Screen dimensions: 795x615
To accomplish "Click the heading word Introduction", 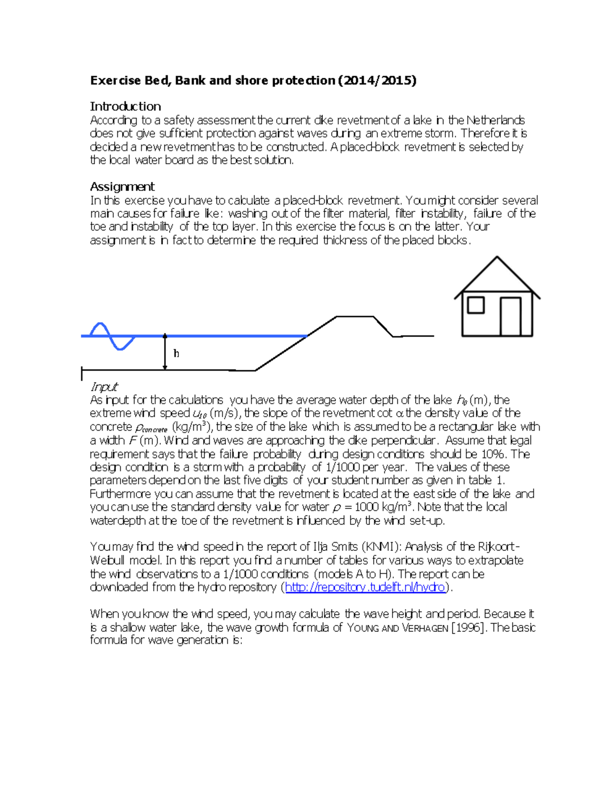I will pyautogui.click(x=126, y=106).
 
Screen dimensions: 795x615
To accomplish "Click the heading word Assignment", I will pyautogui.click(x=122, y=186).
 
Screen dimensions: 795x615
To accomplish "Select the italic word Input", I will pyautogui.click(x=104, y=386).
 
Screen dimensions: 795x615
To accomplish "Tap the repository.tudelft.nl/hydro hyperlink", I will pyautogui.click(x=365, y=587).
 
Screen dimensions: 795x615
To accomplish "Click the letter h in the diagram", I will pyautogui.click(x=176, y=354).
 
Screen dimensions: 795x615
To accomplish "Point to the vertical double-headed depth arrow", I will pyautogui.click(x=165, y=352).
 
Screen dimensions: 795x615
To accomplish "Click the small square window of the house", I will pyautogui.click(x=476, y=305).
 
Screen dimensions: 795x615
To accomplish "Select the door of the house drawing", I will pyautogui.click(x=510, y=316).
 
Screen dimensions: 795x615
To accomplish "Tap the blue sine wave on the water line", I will pyautogui.click(x=112, y=336).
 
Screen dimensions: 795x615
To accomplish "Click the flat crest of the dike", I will pyautogui.click(x=355, y=317).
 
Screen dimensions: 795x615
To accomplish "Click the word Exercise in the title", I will pyautogui.click(x=115, y=80).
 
